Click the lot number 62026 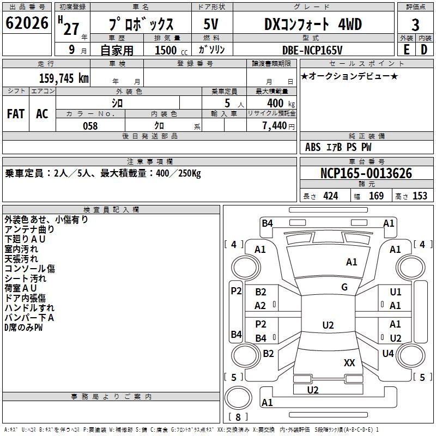pyautogui.click(x=27, y=24)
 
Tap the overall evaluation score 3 pyautogui.click(x=416, y=25)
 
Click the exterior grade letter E pyautogui.click(x=406, y=49)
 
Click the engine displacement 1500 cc pyautogui.click(x=169, y=50)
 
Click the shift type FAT pyautogui.click(x=16, y=114)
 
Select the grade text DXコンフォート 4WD pyautogui.click(x=313, y=25)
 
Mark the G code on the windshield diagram pyautogui.click(x=344, y=287)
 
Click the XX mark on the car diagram pyautogui.click(x=349, y=363)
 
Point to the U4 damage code pyautogui.click(x=388, y=354)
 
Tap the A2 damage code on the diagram pyautogui.click(x=261, y=306)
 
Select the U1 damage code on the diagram pyautogui.click(x=396, y=292)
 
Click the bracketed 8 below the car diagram pyautogui.click(x=238, y=417)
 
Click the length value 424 pyautogui.click(x=331, y=196)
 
